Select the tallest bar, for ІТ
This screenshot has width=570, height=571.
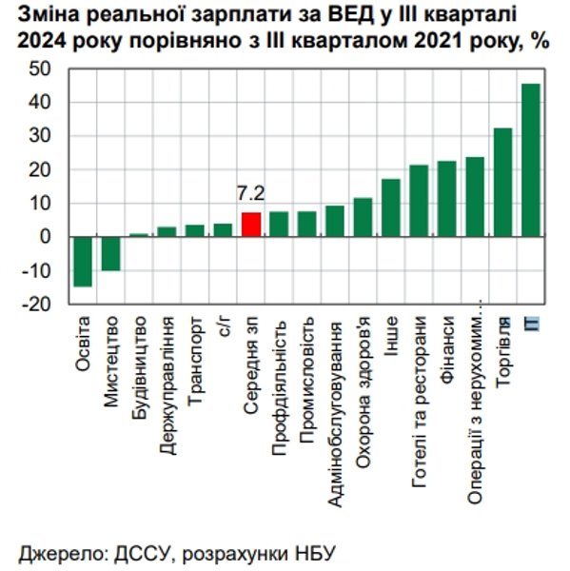pos(530,160)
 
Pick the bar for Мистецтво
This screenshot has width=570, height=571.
pos(111,253)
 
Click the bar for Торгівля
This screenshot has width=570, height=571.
pos(502,182)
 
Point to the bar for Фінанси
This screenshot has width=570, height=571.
pos(446,199)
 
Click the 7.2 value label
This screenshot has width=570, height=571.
pos(250,193)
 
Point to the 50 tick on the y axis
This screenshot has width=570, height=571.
pos(43,69)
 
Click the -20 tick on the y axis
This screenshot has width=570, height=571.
pos(40,305)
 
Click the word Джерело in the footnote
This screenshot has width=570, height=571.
pos(57,552)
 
